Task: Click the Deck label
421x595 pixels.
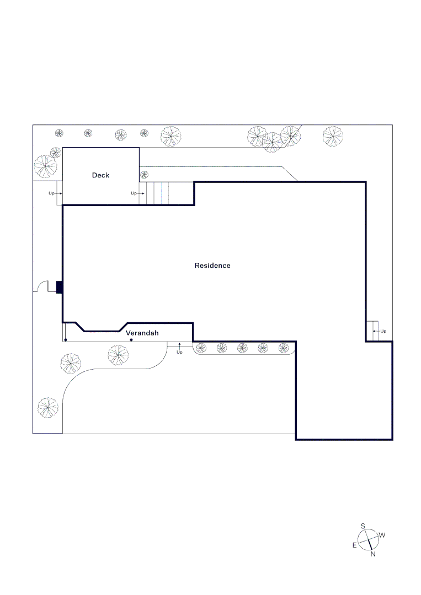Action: [100, 175]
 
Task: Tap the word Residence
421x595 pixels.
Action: [212, 266]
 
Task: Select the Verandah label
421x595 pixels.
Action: [142, 333]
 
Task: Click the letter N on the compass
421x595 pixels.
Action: [373, 554]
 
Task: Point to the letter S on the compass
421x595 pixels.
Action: [363, 526]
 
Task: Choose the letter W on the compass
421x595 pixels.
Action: [382, 535]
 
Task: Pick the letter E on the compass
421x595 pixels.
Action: [354, 545]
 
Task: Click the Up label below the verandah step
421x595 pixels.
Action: [179, 352]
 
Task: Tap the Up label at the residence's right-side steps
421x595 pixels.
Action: [383, 331]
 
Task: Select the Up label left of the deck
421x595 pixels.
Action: [51, 193]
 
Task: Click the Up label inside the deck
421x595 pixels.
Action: [134, 193]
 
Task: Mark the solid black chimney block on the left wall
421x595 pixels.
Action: [59, 287]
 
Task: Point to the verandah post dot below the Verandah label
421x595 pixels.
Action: [131, 339]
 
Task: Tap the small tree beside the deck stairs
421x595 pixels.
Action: [145, 175]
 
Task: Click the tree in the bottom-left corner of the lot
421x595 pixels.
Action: [48, 408]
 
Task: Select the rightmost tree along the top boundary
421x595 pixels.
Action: [333, 137]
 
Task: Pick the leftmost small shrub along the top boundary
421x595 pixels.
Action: [59, 133]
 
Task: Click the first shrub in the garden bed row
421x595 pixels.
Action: [201, 348]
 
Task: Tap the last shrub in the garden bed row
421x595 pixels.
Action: [284, 348]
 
